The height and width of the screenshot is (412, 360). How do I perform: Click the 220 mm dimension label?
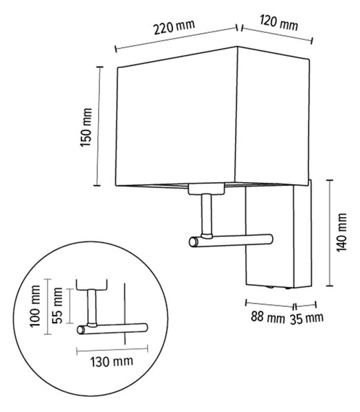(174, 27)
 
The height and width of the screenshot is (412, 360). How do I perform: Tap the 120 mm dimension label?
(279, 23)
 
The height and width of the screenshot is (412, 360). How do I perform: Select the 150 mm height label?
(87, 127)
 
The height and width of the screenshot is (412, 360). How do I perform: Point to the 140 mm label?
(342, 232)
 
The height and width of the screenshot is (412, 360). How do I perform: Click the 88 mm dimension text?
(267, 317)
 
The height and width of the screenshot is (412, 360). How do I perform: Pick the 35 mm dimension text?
(306, 319)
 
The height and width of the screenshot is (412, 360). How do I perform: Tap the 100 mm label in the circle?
(35, 306)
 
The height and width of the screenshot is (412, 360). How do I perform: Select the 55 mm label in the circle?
(57, 306)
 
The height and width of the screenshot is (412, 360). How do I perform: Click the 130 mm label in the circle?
(112, 362)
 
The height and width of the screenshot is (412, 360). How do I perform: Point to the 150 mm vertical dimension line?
(98, 126)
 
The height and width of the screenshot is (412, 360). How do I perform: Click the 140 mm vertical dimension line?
(330, 233)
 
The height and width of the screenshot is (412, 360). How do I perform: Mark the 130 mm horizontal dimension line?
(112, 350)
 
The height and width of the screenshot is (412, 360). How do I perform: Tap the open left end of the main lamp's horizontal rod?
(193, 242)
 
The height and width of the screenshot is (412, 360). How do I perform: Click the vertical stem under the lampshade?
(206, 214)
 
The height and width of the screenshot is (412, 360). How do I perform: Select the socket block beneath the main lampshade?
(206, 190)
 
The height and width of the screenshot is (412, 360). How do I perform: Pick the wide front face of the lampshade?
(176, 117)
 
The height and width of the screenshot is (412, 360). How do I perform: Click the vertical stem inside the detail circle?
(92, 307)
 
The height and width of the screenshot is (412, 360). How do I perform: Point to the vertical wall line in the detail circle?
(124, 314)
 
